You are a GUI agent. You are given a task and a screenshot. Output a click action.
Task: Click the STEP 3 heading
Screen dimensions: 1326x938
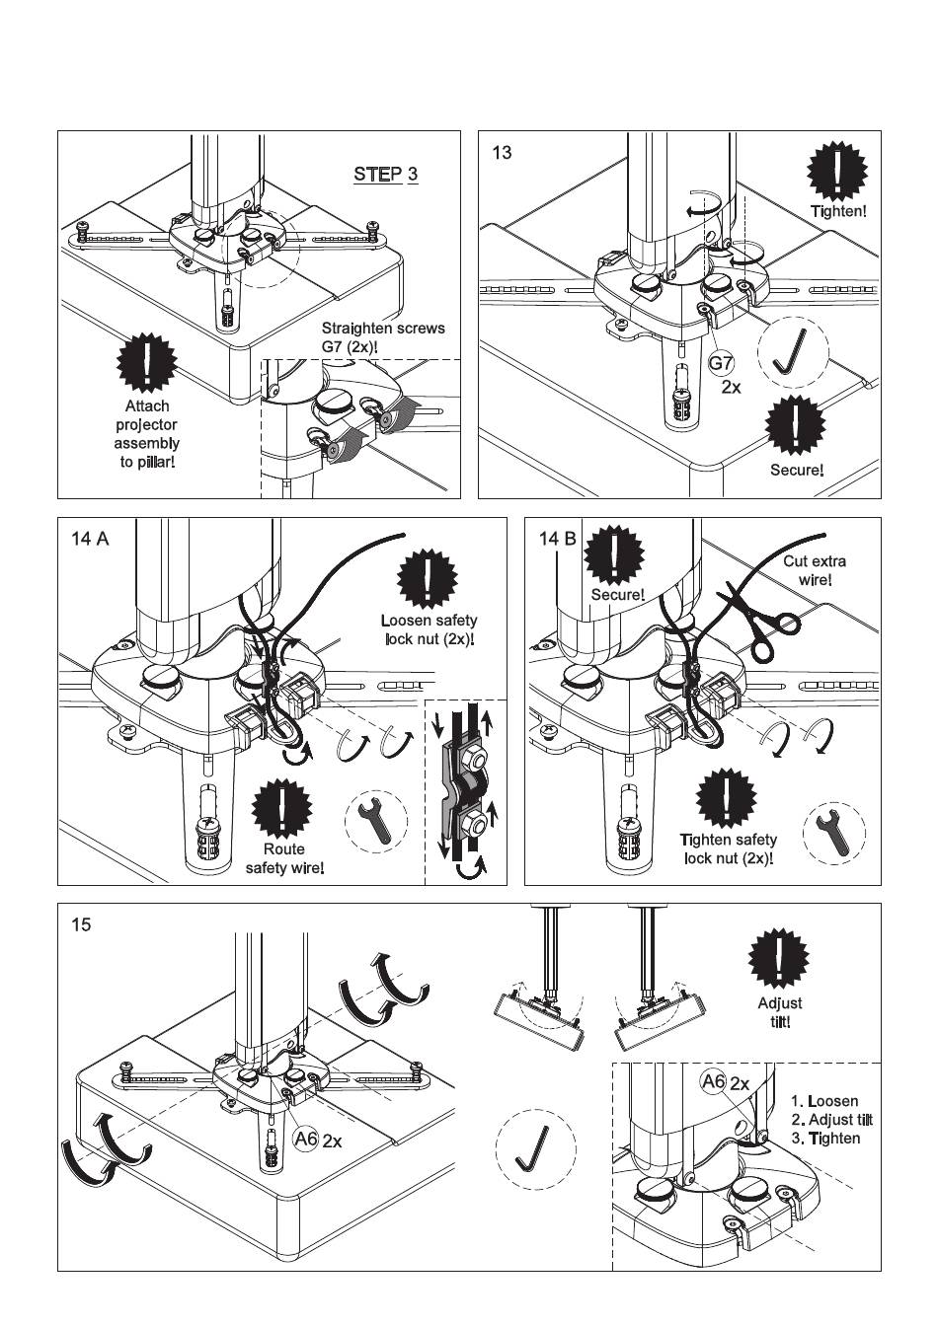tap(385, 175)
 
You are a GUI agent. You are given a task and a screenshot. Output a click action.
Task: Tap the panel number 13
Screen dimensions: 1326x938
tap(502, 153)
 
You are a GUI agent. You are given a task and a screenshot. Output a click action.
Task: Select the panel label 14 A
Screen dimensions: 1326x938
tap(89, 539)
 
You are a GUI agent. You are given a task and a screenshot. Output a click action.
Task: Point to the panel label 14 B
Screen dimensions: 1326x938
tap(557, 539)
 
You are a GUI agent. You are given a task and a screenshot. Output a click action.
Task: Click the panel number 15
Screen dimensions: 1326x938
tap(81, 925)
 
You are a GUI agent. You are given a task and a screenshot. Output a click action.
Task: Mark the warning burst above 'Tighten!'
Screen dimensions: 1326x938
tap(837, 172)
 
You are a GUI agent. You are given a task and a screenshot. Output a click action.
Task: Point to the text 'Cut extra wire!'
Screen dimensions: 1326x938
tap(815, 570)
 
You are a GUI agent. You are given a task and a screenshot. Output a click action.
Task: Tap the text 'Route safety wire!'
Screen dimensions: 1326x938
tap(284, 858)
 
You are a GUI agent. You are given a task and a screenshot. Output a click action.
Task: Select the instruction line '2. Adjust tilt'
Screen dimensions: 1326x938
tap(831, 1120)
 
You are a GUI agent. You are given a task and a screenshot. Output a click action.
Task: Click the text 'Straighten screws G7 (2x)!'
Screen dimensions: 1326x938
tap(383, 337)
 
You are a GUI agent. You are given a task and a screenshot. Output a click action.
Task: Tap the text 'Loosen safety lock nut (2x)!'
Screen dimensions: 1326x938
tap(429, 629)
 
